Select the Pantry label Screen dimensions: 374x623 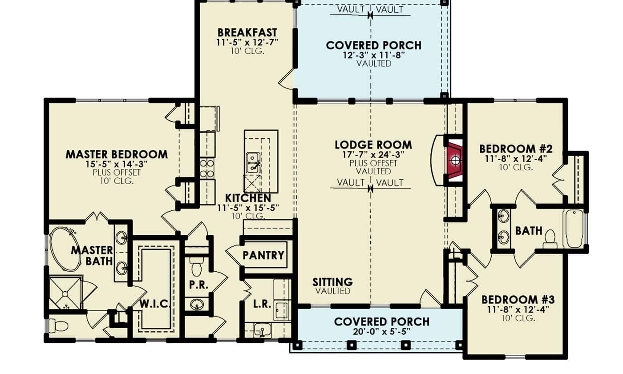[x=263, y=255]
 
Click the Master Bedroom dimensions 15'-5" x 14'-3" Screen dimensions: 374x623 [x=117, y=164]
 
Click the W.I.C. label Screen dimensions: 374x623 [x=155, y=304]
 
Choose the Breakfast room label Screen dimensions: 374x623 [x=247, y=33]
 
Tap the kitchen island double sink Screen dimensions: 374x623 [x=254, y=163]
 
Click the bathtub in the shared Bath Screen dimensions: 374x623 [x=574, y=229]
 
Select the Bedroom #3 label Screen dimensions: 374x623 [x=518, y=299]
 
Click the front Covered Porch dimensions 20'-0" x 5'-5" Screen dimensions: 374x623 [x=382, y=332]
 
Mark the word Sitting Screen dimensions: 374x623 [x=332, y=282]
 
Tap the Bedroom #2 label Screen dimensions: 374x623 [x=516, y=149]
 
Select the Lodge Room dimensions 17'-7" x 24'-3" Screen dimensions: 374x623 [x=373, y=155]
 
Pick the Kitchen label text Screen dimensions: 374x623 [x=248, y=198]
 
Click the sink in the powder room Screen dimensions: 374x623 [x=196, y=305]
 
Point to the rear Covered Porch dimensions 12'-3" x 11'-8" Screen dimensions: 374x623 [x=373, y=55]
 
